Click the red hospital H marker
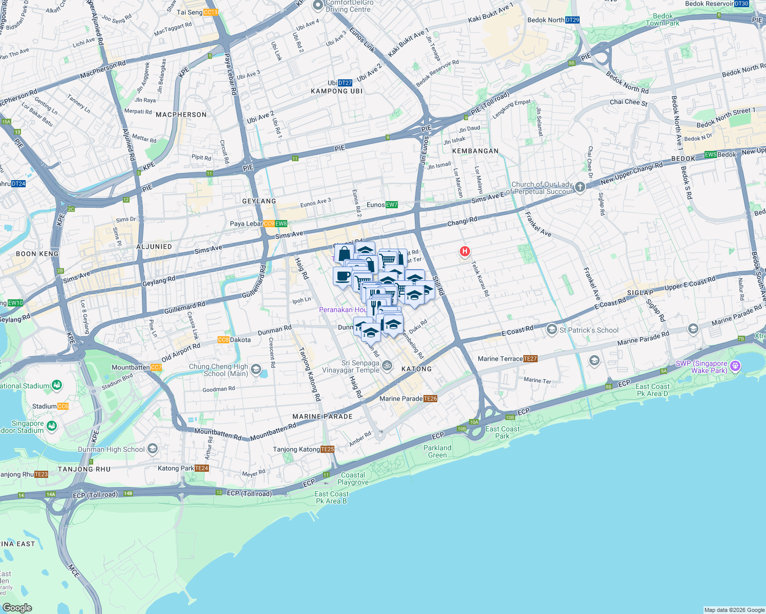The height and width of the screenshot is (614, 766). pyautogui.click(x=465, y=251)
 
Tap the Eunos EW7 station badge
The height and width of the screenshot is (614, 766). pyautogui.click(x=392, y=205)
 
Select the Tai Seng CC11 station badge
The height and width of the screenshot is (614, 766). pyautogui.click(x=210, y=12)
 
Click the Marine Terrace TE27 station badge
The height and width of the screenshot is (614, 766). pyautogui.click(x=530, y=359)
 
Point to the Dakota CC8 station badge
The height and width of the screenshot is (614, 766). pyautogui.click(x=223, y=340)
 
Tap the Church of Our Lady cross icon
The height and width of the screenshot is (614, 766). pyautogui.click(x=580, y=187)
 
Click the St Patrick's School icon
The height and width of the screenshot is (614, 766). pyautogui.click(x=551, y=330)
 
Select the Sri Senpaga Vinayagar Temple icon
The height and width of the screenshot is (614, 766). pyautogui.click(x=388, y=365)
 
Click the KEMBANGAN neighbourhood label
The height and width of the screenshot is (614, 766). pyautogui.click(x=475, y=151)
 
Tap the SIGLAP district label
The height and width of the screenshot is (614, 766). pyautogui.click(x=640, y=293)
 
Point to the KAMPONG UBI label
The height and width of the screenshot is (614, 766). pyautogui.click(x=336, y=91)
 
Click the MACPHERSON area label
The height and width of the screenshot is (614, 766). pyautogui.click(x=181, y=115)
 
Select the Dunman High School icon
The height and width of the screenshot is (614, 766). pyautogui.click(x=152, y=449)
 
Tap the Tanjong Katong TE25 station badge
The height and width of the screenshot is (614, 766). pyautogui.click(x=327, y=449)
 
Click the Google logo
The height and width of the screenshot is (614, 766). pyautogui.click(x=17, y=608)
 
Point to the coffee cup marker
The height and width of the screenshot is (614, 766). pyautogui.click(x=343, y=276)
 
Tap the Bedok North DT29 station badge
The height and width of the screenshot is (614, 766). pyautogui.click(x=572, y=20)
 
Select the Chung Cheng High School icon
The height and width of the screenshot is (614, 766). pyautogui.click(x=256, y=369)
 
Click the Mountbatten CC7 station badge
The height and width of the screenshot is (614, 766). pyautogui.click(x=156, y=367)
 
